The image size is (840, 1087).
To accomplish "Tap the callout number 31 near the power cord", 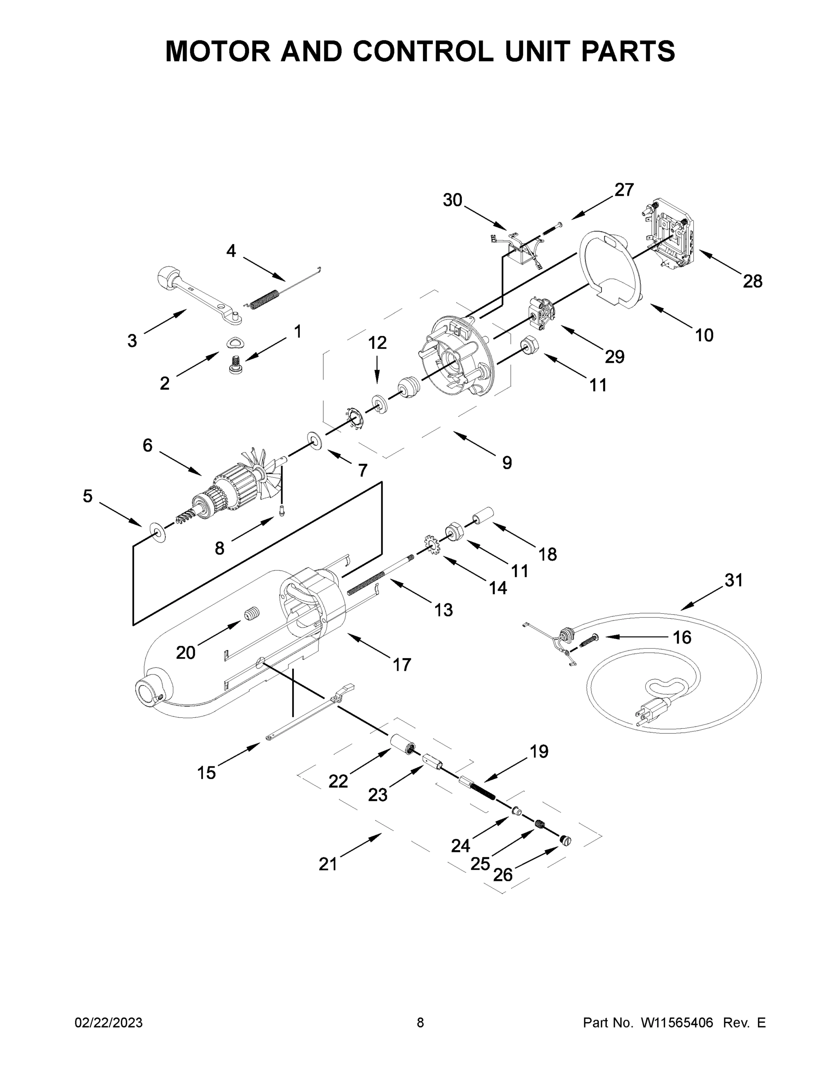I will pyautogui.click(x=734, y=580).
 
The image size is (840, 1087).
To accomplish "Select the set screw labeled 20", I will pyautogui.click(x=252, y=615).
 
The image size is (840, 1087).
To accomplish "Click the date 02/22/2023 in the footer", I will pyautogui.click(x=109, y=1023).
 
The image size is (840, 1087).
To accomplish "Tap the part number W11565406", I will pyautogui.click(x=677, y=1023).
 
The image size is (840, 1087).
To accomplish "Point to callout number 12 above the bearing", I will pyautogui.click(x=377, y=343).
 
